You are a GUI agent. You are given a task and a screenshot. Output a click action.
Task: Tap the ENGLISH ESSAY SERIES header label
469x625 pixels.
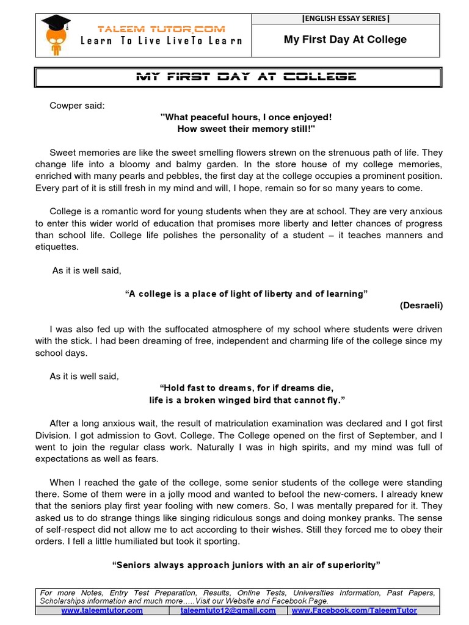[345, 18]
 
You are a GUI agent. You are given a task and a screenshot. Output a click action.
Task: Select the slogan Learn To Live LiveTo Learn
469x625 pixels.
[161, 41]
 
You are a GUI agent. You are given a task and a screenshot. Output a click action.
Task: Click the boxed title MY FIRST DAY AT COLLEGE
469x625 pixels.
[237, 77]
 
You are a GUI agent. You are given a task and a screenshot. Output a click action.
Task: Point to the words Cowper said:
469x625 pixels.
[77, 106]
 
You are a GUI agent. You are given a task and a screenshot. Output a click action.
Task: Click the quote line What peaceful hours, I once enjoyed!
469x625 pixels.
[245, 117]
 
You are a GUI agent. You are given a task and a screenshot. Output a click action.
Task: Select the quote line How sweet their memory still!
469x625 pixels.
[245, 129]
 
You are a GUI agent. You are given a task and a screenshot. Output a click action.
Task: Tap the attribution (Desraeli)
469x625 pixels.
[421, 305]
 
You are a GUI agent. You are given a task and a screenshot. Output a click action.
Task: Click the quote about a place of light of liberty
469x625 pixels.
[246, 294]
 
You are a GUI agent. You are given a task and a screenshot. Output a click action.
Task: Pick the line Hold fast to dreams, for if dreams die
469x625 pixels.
[246, 388]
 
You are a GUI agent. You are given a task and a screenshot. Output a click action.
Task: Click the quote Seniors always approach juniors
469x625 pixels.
[246, 565]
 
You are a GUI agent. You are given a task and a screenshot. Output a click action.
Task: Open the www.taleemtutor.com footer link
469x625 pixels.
[102, 610]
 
